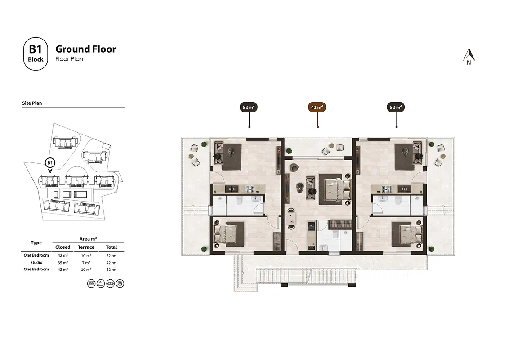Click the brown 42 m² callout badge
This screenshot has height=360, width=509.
(317, 107)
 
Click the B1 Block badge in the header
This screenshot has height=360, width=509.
(36, 54)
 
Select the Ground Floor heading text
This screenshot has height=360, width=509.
(86, 49)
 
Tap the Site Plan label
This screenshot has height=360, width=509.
(32, 103)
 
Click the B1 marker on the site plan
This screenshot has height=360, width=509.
(50, 163)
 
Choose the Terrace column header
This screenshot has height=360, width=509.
(86, 247)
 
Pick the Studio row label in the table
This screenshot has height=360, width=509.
(36, 262)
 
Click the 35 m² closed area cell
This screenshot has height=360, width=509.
(63, 262)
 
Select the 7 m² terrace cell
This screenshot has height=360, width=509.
(86, 262)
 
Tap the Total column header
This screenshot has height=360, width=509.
(112, 247)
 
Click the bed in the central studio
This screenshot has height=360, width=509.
(335, 189)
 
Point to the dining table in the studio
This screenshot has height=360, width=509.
(292, 219)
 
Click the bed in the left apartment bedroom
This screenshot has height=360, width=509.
(229, 234)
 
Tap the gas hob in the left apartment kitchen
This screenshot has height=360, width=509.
(250, 189)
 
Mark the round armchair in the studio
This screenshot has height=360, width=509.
(294, 167)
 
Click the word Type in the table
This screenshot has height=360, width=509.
(36, 243)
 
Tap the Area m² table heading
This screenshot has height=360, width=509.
(88, 239)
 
